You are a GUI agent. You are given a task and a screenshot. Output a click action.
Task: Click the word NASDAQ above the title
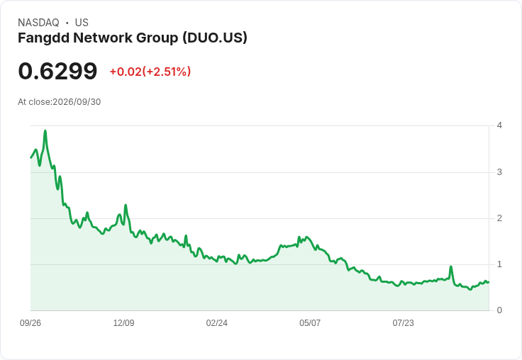click(x=38, y=23)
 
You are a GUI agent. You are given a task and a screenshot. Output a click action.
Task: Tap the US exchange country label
click(x=82, y=23)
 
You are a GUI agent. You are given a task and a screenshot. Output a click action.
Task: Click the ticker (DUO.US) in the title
click(x=215, y=38)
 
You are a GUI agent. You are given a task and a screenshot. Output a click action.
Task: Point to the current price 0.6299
click(x=57, y=71)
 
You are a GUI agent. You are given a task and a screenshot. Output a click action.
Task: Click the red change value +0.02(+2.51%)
click(x=150, y=72)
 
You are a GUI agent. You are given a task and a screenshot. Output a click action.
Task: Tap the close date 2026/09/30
click(x=77, y=102)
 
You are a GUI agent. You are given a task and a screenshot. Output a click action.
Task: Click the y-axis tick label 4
click(x=499, y=125)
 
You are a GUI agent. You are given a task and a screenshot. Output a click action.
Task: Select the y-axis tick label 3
click(x=499, y=172)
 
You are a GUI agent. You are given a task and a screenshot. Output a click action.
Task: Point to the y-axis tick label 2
click(x=499, y=218)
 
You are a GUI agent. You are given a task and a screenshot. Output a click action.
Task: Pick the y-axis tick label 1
click(x=499, y=264)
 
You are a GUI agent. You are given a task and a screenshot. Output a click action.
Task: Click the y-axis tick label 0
click(x=499, y=310)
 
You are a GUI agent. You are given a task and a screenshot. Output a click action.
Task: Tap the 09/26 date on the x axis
click(x=30, y=323)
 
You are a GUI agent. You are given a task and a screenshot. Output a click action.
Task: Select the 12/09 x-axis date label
click(x=123, y=323)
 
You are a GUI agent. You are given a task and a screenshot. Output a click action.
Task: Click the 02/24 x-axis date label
click(x=217, y=323)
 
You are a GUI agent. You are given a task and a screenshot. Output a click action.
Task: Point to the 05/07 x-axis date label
click(x=310, y=323)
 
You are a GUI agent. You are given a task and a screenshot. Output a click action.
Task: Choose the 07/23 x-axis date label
click(x=403, y=323)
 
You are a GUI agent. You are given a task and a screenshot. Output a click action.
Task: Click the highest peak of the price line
click(x=45, y=131)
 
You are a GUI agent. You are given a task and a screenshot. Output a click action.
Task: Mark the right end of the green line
click(x=489, y=282)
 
